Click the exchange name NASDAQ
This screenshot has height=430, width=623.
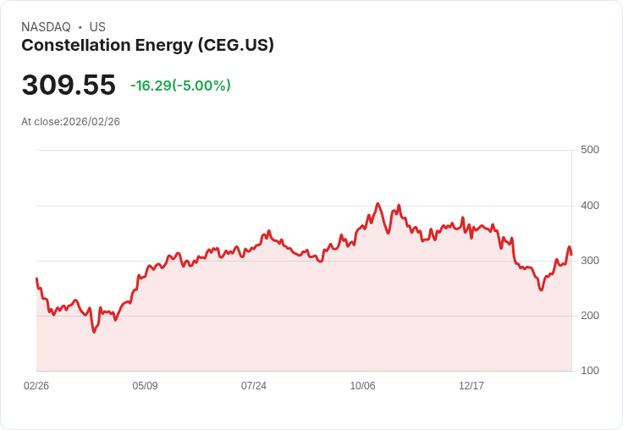tap(46, 27)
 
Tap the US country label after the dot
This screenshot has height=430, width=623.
tap(97, 27)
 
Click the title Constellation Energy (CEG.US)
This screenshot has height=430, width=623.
tap(147, 46)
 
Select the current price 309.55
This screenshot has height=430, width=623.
tap(69, 85)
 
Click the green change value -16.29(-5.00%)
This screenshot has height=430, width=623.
tap(180, 85)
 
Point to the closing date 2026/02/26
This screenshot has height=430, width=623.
tap(91, 122)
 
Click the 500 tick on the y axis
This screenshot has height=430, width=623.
tap(589, 150)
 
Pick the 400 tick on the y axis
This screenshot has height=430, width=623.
tap(589, 206)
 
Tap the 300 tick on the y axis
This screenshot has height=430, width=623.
tap(589, 261)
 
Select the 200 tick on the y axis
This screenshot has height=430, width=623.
tap(589, 316)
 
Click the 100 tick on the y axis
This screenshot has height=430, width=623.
tap(589, 371)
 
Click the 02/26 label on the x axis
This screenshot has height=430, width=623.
tap(36, 386)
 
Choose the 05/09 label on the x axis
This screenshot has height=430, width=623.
tap(145, 386)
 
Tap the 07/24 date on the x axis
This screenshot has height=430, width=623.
tap(254, 386)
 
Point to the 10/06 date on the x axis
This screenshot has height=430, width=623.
tap(362, 386)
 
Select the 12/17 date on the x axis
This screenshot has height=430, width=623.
tap(471, 386)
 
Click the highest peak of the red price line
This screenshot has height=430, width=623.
tap(378, 204)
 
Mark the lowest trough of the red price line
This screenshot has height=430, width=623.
tap(94, 332)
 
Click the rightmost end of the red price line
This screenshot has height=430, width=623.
tap(571, 255)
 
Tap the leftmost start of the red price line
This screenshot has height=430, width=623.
tap(36, 278)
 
